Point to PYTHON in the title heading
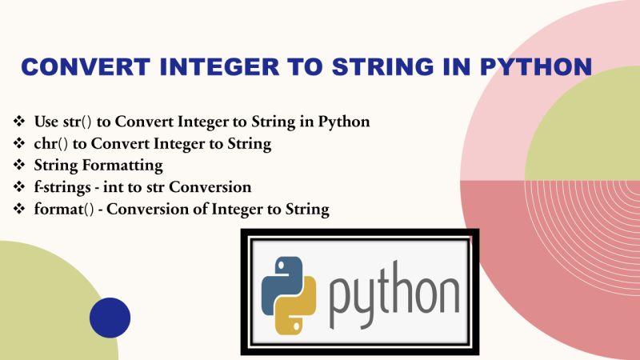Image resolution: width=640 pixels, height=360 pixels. pos(539,66)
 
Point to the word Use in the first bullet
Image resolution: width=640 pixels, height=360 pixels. pos(46,122)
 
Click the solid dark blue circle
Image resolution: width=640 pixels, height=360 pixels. pos(110,318)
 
